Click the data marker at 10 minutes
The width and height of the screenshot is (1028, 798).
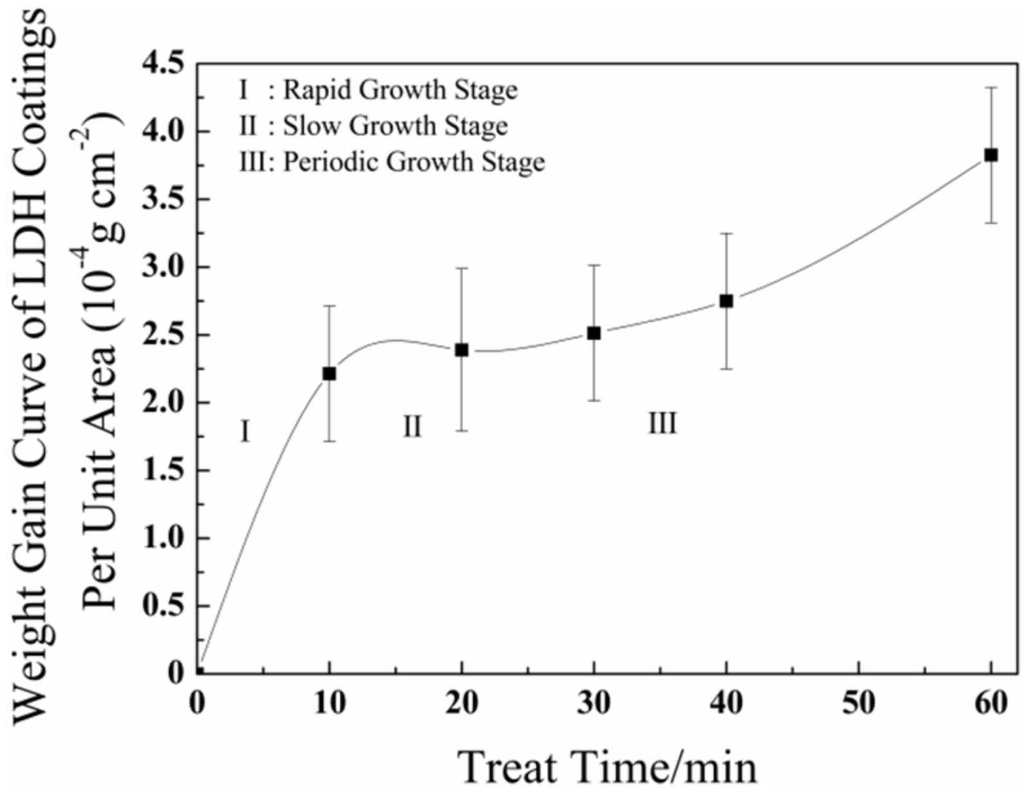pos(329,374)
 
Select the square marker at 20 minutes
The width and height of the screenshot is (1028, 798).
pos(461,350)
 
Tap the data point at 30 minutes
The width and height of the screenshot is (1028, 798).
pos(594,333)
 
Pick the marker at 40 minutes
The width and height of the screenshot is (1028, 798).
pos(726,301)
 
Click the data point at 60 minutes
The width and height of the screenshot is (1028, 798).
pos(991,155)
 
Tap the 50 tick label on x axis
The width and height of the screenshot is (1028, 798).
pos(859,703)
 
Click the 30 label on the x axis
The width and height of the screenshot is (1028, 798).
pos(594,703)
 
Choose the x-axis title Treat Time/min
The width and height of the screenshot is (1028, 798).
pos(607,766)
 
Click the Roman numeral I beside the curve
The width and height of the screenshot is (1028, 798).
pos(245,432)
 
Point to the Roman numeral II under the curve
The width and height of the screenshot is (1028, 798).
pos(412,426)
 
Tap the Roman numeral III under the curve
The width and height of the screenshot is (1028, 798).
pos(662,424)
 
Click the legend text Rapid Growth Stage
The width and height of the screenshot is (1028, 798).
pos(400,90)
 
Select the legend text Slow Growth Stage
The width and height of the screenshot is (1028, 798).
pos(395,126)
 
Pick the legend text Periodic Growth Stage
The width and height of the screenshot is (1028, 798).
pos(414,161)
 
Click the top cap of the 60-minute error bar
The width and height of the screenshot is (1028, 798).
pos(991,88)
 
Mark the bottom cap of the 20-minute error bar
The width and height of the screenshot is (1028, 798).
pos(461,430)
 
